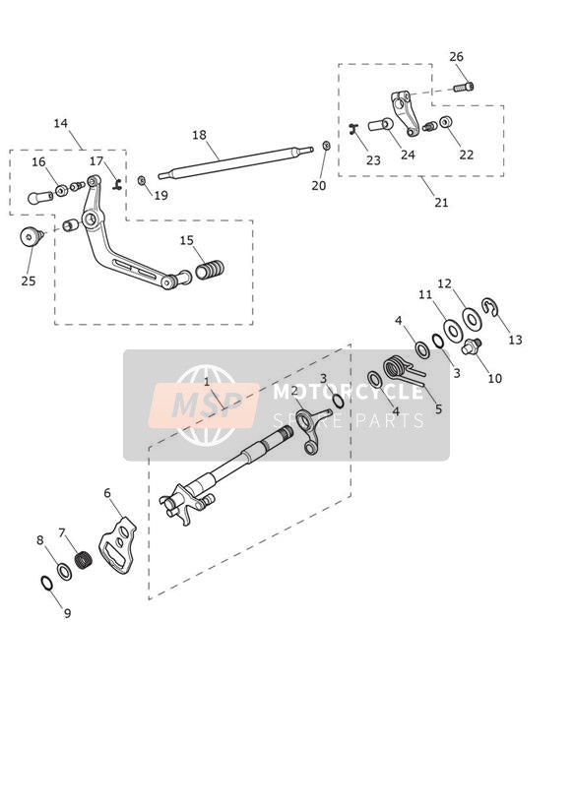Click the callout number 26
[x=456, y=57]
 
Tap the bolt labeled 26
[x=464, y=87]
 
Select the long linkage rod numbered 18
[x=235, y=163]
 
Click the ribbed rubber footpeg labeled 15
[x=210, y=270]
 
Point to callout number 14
[x=61, y=124]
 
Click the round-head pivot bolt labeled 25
[x=32, y=237]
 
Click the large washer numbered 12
[x=472, y=318]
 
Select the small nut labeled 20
[x=326, y=146]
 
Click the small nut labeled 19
[x=142, y=180]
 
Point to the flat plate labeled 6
[x=117, y=544]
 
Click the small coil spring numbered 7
[x=84, y=560]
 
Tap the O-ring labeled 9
[x=46, y=583]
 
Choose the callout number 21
[x=441, y=202]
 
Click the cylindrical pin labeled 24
[x=380, y=125]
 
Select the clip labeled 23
[x=353, y=129]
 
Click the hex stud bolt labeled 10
[x=471, y=346]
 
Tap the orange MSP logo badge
[x=204, y=405]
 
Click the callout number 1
[x=207, y=383]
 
